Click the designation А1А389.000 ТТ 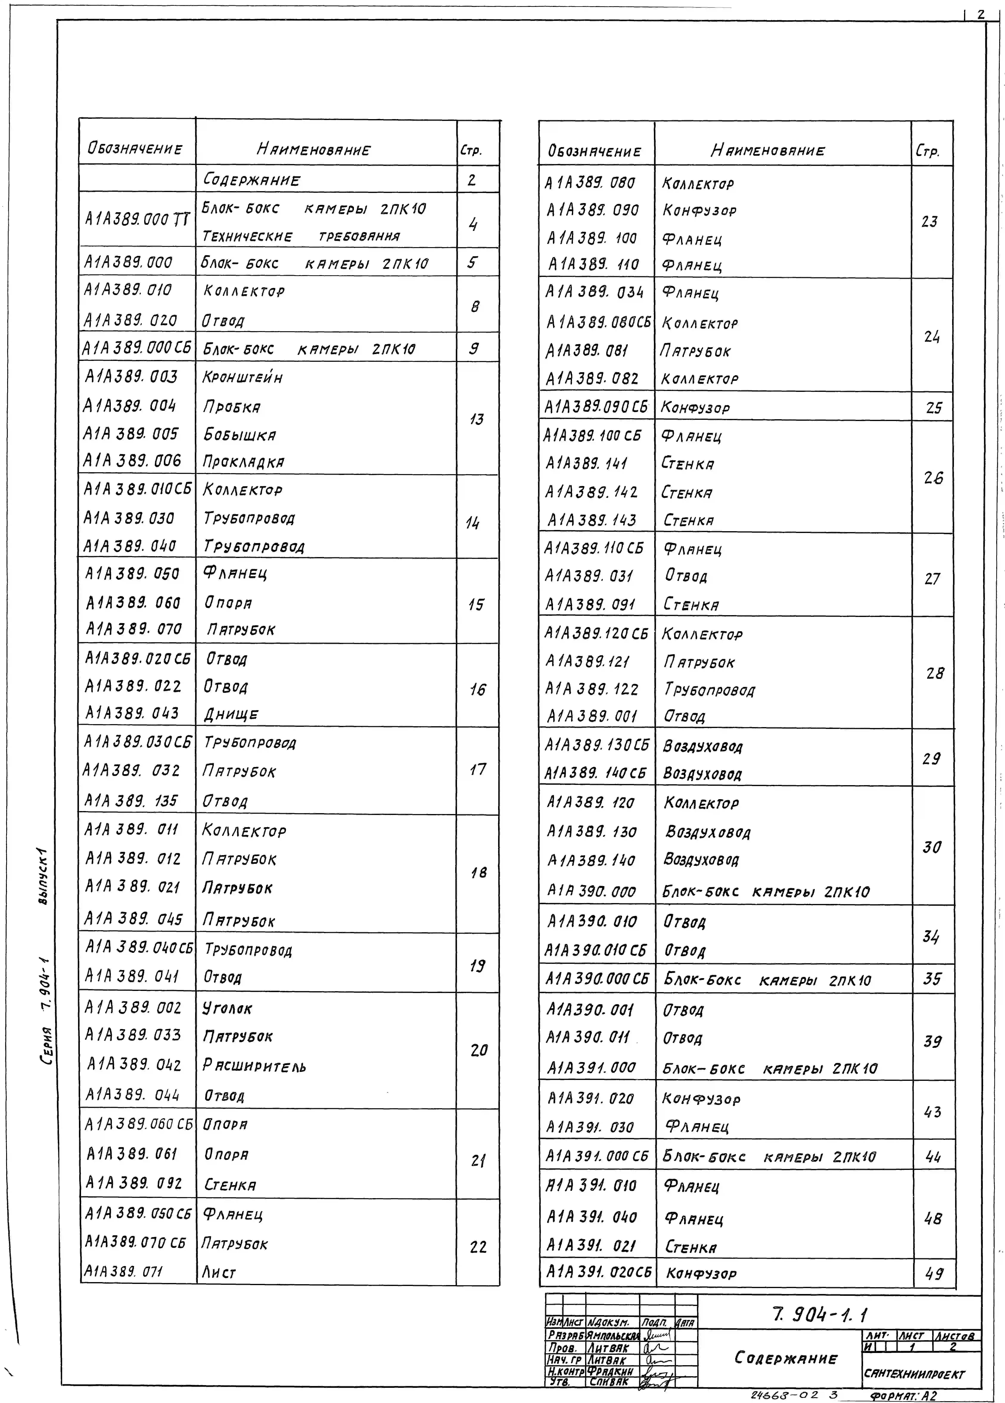[x=137, y=219]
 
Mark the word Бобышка [x=240, y=435]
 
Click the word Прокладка [x=244, y=462]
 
